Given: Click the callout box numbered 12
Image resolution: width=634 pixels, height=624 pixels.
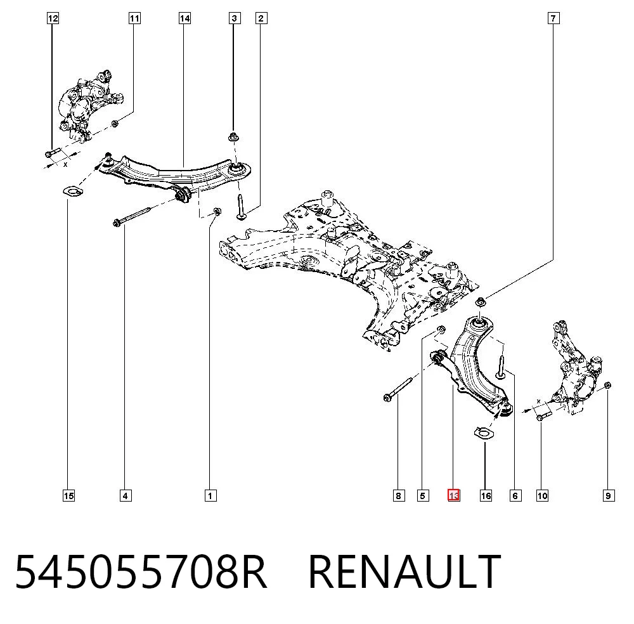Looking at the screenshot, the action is pos(53,18).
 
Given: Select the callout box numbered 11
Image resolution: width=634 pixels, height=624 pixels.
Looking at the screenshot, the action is pos(134,18).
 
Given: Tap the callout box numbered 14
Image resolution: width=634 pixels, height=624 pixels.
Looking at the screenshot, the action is pos(184,18).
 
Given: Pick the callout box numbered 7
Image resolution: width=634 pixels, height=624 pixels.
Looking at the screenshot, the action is pos(553,18).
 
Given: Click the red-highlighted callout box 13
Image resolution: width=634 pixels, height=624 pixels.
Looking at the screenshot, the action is pos(454,495).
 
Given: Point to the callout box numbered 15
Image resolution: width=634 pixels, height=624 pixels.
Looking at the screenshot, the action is pos(68,495).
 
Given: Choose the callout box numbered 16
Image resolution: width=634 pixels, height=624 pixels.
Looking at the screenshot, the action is pos(486,495).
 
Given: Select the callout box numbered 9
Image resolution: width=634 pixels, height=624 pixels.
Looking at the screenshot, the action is pos(609,495).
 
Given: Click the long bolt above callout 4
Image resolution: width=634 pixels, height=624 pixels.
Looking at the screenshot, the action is pos(132,216).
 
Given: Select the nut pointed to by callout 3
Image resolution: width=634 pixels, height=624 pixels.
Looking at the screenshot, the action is pos(233,137).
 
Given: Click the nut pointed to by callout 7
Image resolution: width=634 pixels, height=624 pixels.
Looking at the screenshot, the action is pos(480,302).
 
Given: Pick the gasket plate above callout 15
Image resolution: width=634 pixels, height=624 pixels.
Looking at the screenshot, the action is pos(72,191).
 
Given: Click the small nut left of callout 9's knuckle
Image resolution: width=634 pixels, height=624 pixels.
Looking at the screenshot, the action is pos(607,386).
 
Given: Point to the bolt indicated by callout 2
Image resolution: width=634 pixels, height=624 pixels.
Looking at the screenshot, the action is pos(240,207).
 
